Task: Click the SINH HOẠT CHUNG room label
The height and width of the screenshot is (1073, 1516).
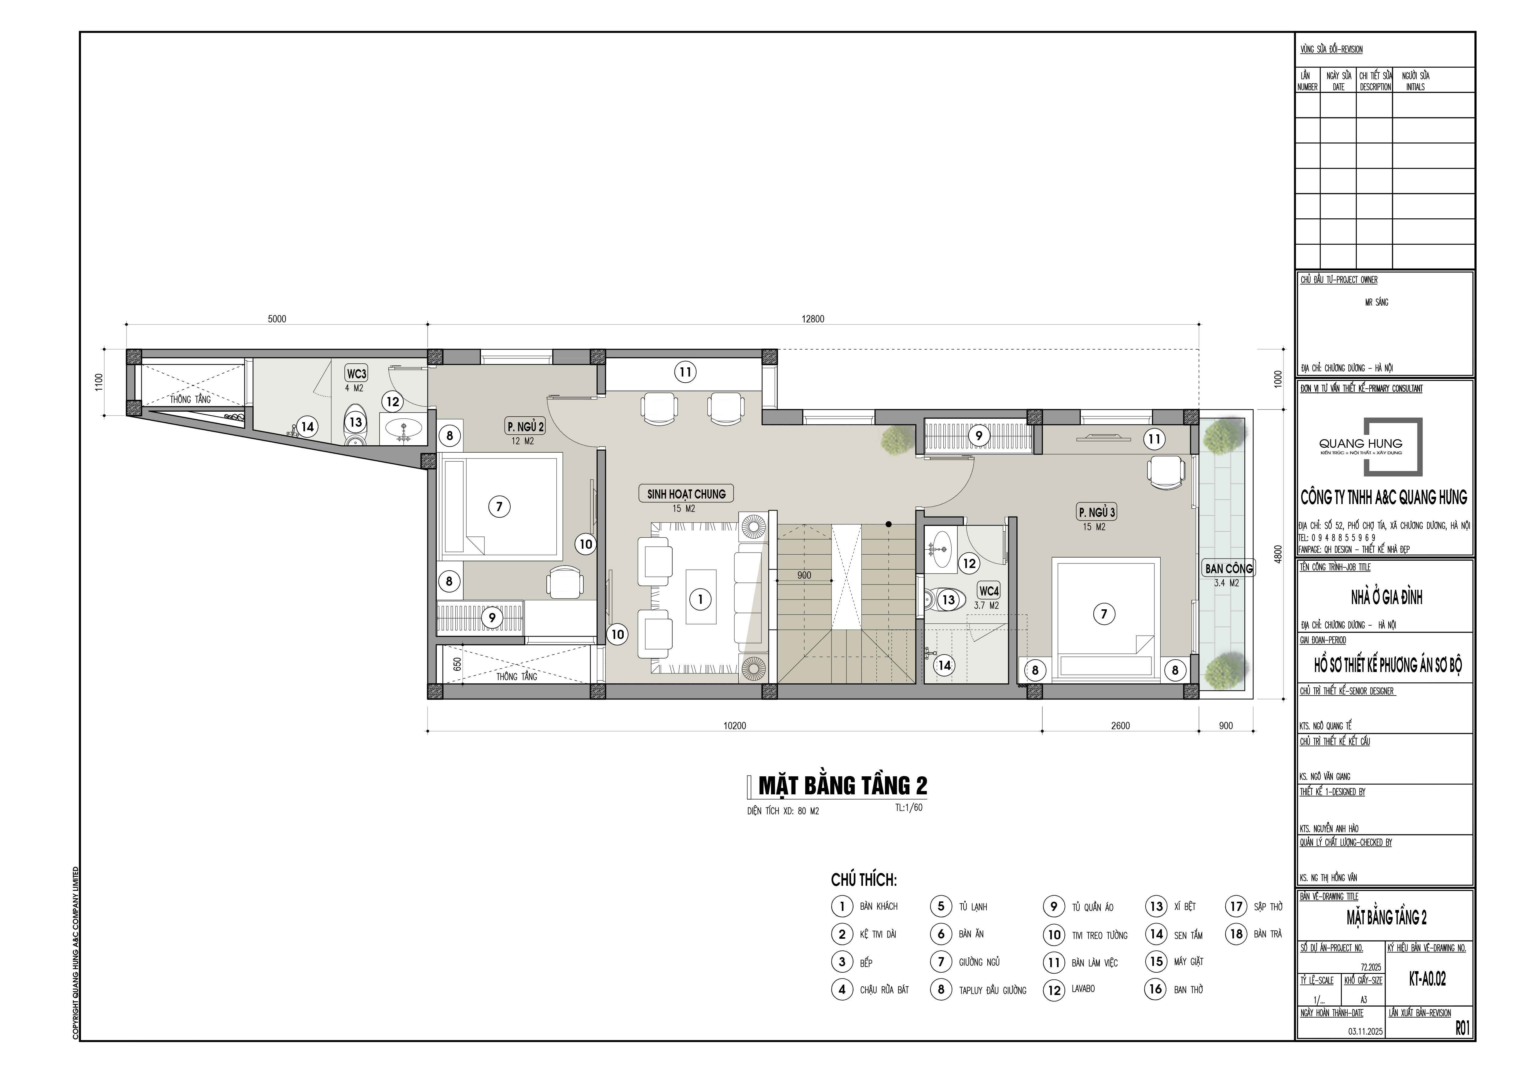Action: [686, 494]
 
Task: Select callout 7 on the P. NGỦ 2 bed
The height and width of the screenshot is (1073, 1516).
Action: [499, 507]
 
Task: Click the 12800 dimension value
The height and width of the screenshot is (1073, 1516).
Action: [813, 319]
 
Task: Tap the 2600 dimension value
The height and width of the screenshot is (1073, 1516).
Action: [1121, 726]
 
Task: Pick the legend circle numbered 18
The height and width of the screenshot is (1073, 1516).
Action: [1237, 934]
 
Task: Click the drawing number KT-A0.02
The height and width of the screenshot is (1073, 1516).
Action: [1427, 979]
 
